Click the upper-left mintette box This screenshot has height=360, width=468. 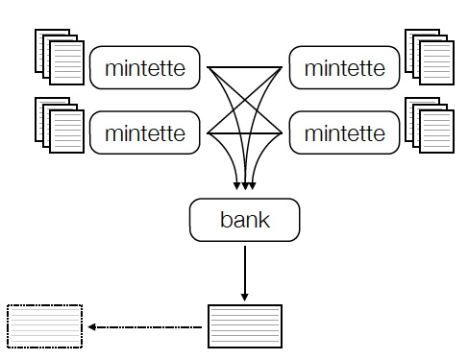coord(144,68)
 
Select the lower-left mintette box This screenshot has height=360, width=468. coord(144,132)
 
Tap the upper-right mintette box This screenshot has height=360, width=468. coord(344,68)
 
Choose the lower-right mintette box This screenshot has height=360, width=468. coord(344,132)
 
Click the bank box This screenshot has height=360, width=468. coord(245,220)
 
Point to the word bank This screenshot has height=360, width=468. coord(245,220)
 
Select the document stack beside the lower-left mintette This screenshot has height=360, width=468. coord(59,125)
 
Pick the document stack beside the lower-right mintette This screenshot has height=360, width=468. coord(429,125)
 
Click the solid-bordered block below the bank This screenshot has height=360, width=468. coord(245,326)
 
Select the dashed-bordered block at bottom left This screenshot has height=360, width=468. coord(45,326)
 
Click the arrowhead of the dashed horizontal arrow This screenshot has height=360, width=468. coord(91,327)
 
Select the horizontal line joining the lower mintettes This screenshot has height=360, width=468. coord(244,132)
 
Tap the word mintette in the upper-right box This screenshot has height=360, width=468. coord(344,68)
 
